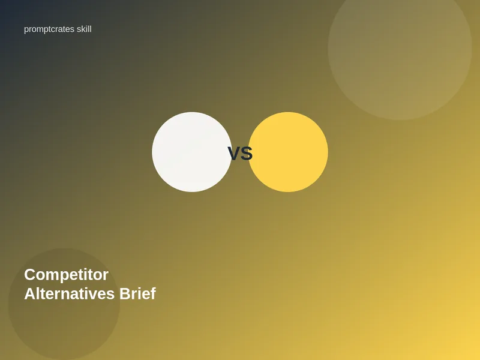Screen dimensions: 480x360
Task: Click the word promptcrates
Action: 49,29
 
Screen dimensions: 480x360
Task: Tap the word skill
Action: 84,29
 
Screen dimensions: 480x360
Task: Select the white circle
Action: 192,152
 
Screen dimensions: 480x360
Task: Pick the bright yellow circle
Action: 288,152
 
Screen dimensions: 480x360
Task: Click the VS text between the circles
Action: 240,154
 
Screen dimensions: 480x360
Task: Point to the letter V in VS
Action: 234,154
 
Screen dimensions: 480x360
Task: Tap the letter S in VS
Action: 247,154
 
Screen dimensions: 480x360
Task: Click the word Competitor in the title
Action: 66,275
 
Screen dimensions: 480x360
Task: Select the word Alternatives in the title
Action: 69,293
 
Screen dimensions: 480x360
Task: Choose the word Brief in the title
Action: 137,293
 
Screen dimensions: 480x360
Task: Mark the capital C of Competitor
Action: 29,275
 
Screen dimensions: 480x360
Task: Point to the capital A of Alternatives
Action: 30,293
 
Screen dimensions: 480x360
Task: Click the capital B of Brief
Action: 125,293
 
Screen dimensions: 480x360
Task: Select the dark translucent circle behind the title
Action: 64,304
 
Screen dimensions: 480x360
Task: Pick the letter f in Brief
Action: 152,293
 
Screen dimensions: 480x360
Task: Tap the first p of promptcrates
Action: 26,31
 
